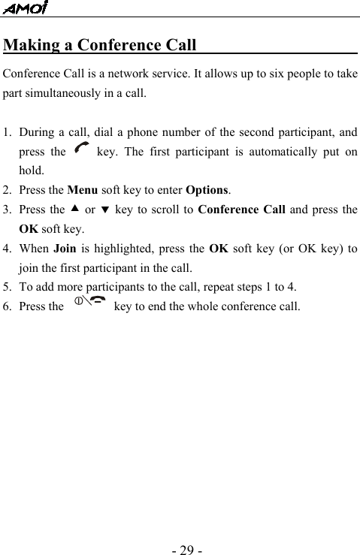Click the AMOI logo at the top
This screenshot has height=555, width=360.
click(26, 8)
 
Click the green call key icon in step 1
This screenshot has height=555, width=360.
click(81, 151)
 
